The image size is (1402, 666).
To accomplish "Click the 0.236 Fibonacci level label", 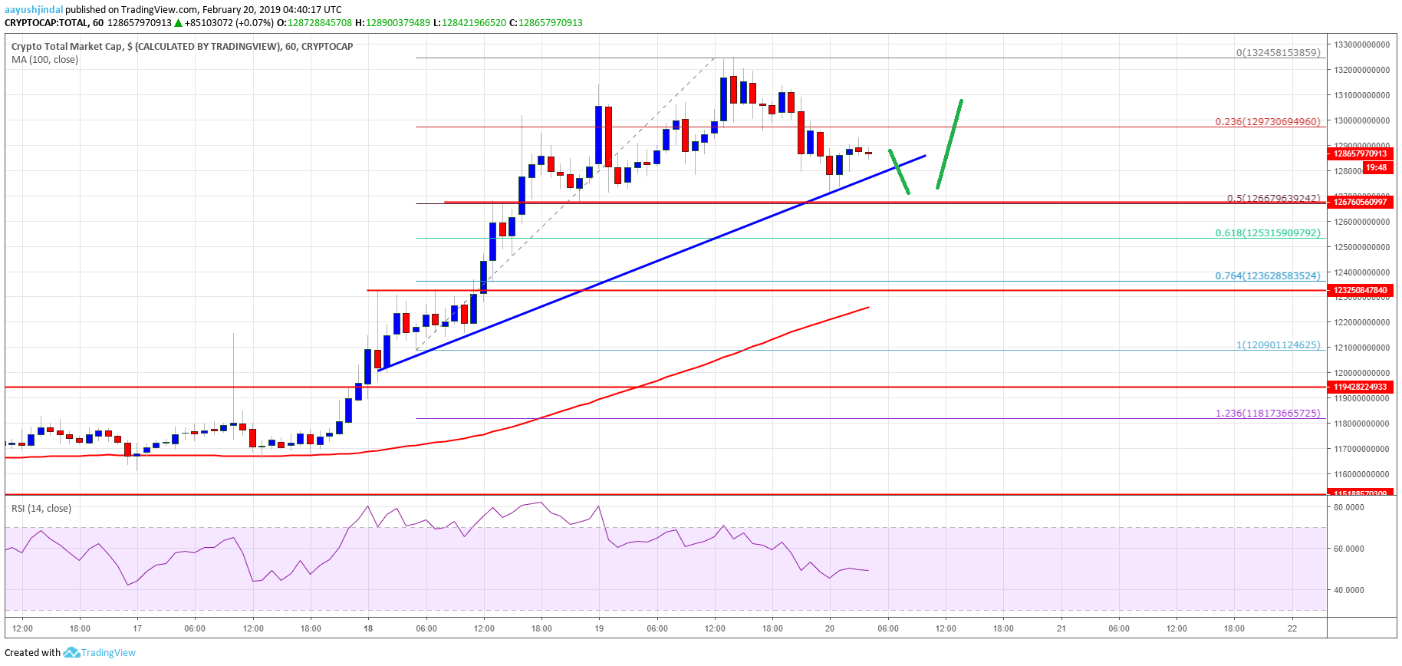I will pyautogui.click(x=1267, y=121).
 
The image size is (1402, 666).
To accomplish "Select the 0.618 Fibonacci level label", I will pyautogui.click(x=1267, y=232).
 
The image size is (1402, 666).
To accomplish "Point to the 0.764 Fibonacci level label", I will pyautogui.click(x=1267, y=275).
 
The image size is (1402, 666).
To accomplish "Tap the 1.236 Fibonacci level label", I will pyautogui.click(x=1267, y=413).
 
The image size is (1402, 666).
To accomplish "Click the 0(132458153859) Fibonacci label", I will pyautogui.click(x=1278, y=53).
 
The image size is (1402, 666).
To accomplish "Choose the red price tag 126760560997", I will pyautogui.click(x=1360, y=202).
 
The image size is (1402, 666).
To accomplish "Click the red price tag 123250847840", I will pyautogui.click(x=1360, y=290).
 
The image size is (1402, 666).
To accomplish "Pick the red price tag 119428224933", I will pyautogui.click(x=1360, y=387).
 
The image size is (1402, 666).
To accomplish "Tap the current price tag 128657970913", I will pyautogui.click(x=1360, y=153).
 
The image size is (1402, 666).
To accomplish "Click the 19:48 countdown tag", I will pyautogui.click(x=1376, y=167).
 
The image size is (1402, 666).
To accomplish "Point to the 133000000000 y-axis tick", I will pyautogui.click(x=1361, y=45).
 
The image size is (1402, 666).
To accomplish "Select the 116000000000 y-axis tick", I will pyautogui.click(x=1361, y=474).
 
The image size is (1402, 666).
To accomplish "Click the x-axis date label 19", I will pyautogui.click(x=599, y=628).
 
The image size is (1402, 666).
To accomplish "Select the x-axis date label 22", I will pyautogui.click(x=1292, y=628).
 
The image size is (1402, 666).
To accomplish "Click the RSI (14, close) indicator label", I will pyautogui.click(x=41, y=509).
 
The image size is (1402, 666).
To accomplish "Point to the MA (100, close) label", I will pyautogui.click(x=44, y=60).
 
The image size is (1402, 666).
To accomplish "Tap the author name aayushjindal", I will pyautogui.click(x=34, y=10).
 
